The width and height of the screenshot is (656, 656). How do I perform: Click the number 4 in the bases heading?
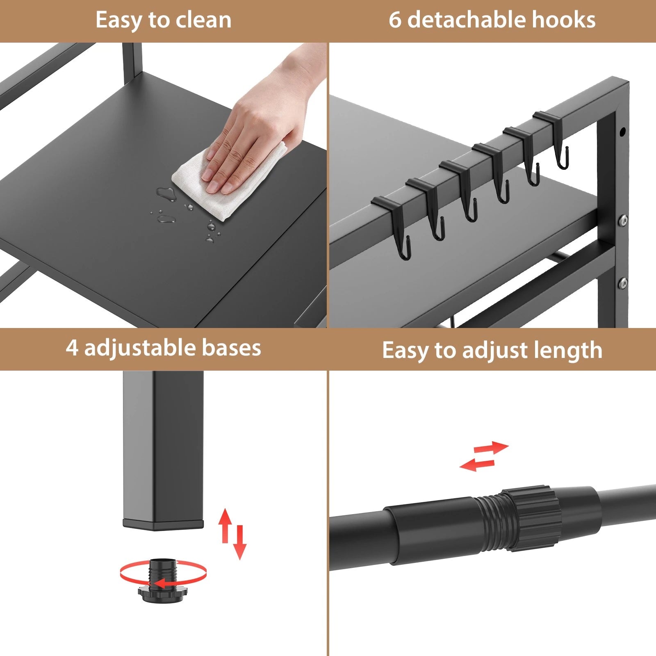72,348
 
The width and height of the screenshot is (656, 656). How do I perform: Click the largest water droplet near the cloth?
166,193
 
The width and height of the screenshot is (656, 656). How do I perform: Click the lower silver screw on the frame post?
623,282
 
